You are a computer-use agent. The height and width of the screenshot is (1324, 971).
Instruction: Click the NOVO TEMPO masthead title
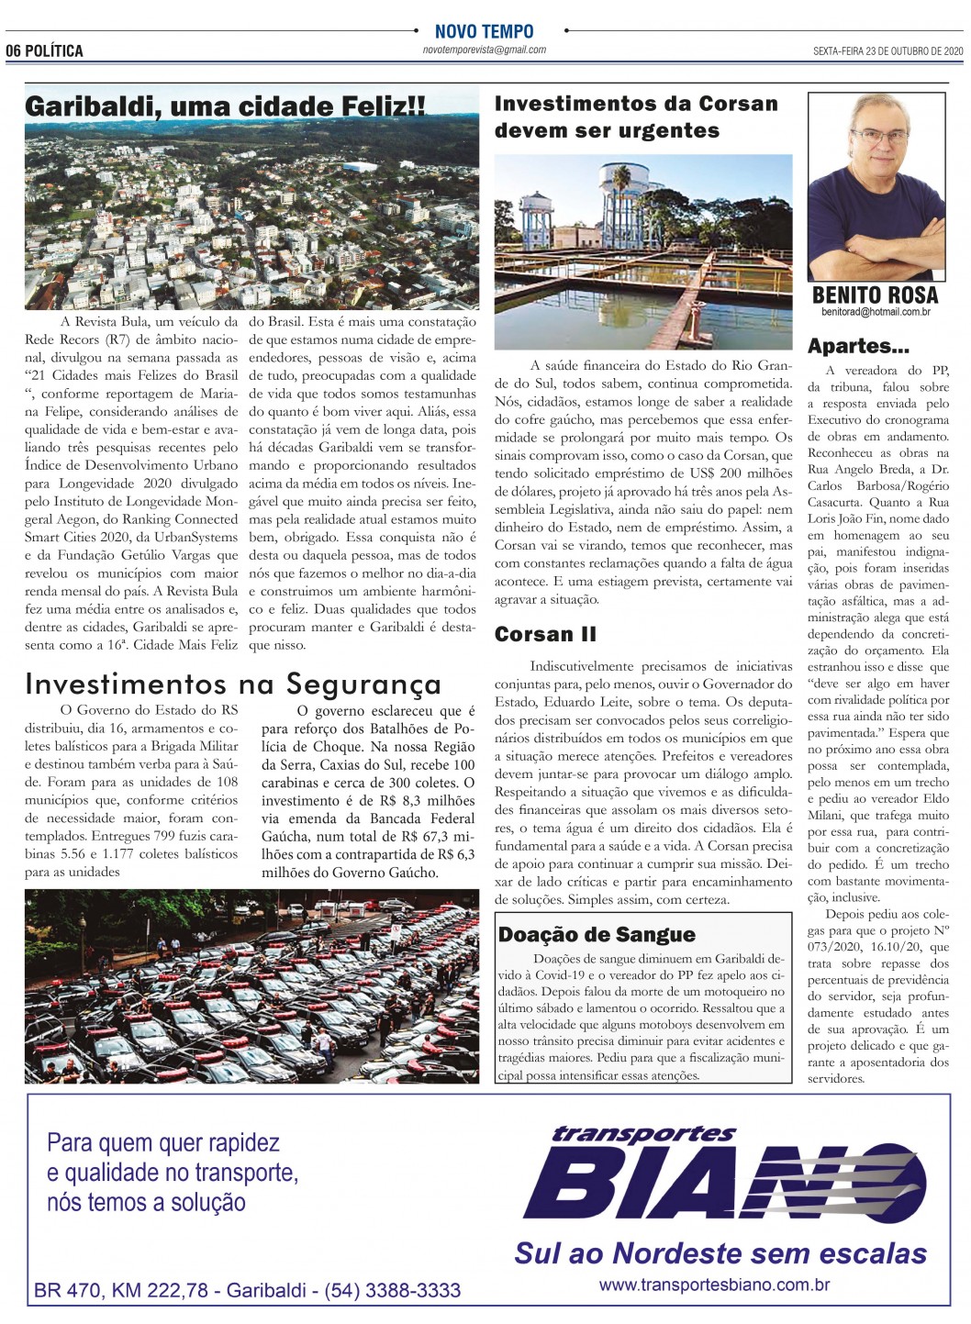point(484,31)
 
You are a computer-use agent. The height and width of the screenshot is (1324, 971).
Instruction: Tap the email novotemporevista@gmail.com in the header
point(484,50)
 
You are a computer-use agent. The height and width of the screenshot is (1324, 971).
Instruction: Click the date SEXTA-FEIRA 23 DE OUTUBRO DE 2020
point(887,51)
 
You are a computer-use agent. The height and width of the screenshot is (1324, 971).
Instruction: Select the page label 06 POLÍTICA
point(45,51)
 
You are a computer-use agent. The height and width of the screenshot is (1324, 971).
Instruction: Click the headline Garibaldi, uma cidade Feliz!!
point(225,106)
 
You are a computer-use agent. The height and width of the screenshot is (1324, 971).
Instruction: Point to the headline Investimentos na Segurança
point(233,684)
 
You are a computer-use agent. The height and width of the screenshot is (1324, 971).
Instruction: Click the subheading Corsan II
point(545,634)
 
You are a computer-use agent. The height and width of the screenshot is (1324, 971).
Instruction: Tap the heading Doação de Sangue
point(597,934)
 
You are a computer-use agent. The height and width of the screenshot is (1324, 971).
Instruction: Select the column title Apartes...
point(858,346)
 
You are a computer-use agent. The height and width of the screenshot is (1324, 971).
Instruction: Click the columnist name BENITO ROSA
point(875,295)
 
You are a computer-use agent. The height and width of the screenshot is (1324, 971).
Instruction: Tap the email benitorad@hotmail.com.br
point(876,312)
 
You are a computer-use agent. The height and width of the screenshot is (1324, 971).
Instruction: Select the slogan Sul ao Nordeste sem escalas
point(720,1252)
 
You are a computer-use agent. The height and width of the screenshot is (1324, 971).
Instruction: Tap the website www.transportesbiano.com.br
point(714,1285)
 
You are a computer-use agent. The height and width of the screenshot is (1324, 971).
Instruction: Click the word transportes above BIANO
point(642,1134)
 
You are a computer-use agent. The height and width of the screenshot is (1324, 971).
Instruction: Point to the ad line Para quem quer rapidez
point(163,1143)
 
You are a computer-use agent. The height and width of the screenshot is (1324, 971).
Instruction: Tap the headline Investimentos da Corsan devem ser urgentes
point(635,117)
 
